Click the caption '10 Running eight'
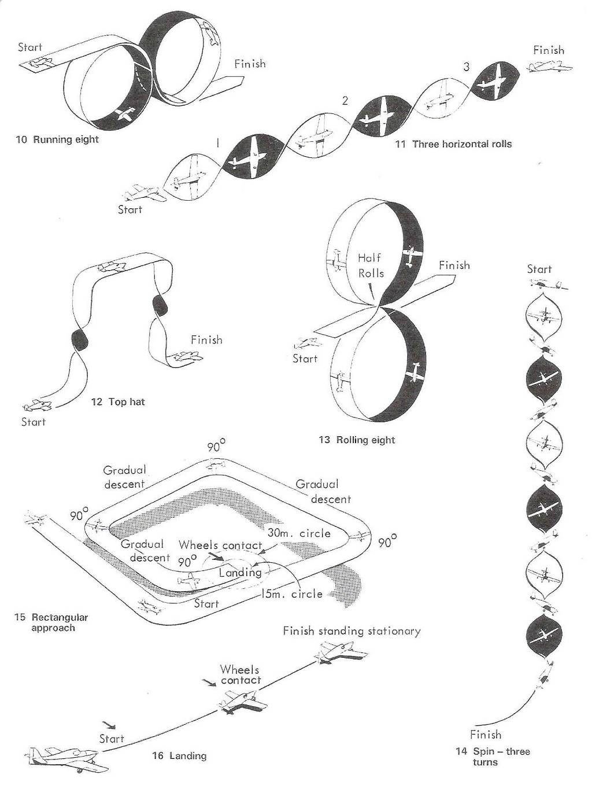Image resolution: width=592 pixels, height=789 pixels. click(x=57, y=139)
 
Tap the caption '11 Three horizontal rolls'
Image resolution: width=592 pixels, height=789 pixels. click(x=453, y=144)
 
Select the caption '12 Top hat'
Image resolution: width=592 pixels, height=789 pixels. click(x=118, y=401)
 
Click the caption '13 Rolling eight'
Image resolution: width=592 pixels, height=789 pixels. click(x=357, y=440)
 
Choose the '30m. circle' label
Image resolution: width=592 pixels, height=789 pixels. click(x=299, y=533)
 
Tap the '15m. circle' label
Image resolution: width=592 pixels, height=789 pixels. click(x=291, y=594)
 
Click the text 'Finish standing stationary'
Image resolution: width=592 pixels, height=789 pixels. click(x=351, y=631)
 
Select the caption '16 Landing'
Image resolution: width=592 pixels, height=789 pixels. click(x=179, y=755)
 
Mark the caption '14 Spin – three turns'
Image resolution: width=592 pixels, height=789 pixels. click(x=493, y=757)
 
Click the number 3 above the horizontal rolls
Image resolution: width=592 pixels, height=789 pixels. click(x=466, y=67)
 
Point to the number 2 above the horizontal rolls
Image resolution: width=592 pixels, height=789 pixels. click(x=345, y=101)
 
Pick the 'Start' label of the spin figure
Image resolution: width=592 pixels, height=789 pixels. click(x=539, y=269)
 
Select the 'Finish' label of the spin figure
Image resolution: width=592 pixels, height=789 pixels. click(x=486, y=735)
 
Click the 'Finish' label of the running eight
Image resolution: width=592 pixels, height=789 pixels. click(x=250, y=64)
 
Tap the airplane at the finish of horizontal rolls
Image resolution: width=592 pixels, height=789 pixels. click(x=549, y=67)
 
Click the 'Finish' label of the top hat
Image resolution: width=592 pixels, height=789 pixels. click(x=206, y=340)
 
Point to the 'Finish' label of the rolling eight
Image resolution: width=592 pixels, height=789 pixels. click(x=454, y=266)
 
